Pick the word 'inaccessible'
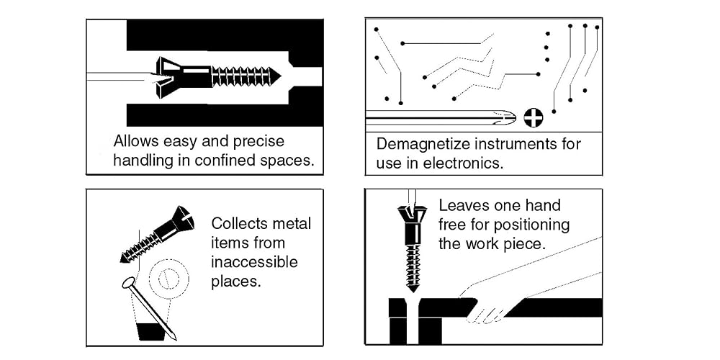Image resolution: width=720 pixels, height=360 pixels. pyautogui.click(x=254, y=261)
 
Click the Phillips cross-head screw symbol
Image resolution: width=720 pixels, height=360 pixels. pyautogui.click(x=533, y=117)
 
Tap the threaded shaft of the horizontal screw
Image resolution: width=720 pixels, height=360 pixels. pyautogui.click(x=245, y=76)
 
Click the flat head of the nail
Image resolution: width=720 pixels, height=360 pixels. pyautogui.click(x=129, y=283)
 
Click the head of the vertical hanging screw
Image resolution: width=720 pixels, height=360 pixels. pyautogui.click(x=413, y=217)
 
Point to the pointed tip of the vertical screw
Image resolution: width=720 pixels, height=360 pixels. pyautogui.click(x=413, y=289)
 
